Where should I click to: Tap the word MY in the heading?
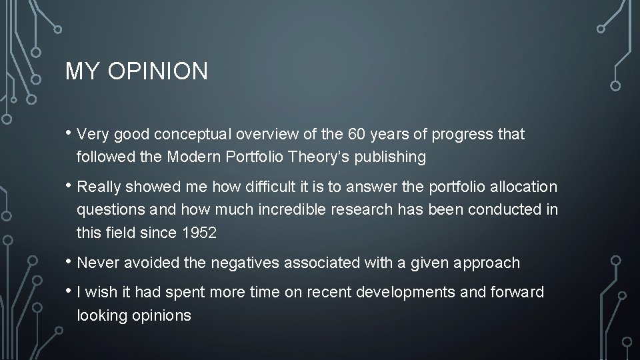point(79,71)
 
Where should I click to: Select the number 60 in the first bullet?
point(357,134)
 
